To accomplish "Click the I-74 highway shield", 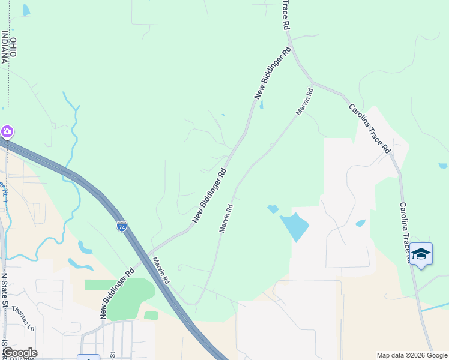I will [122, 226].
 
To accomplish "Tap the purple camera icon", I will [7, 131].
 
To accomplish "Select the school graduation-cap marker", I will [421, 254].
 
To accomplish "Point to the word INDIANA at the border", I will [5, 46].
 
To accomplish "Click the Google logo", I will [19, 353].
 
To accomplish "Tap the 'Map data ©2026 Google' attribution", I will [411, 355].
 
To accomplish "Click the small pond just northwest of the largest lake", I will [273, 209].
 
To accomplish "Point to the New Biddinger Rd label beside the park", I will [116, 293].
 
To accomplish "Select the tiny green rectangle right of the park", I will [151, 316].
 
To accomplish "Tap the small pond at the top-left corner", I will [26, 10].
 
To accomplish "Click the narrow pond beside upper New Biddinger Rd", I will [261, 105].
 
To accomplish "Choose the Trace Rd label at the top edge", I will [286, 15].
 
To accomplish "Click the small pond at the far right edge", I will [442, 166].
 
